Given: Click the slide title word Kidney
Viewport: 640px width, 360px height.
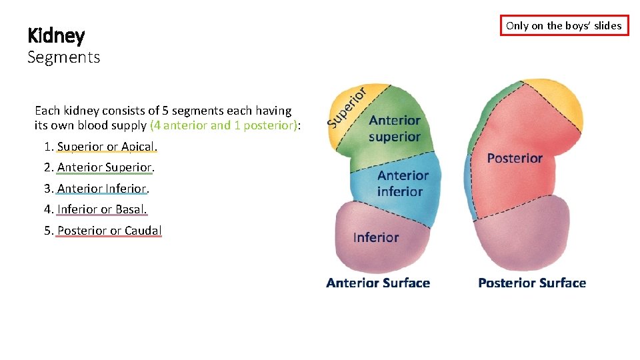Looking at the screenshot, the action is point(56,35).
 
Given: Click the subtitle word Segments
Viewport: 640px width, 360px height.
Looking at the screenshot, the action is point(63,57).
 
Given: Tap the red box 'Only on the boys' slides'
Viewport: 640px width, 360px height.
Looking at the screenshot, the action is point(564,25).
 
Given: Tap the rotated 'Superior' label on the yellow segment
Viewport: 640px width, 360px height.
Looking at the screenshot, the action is point(347,107).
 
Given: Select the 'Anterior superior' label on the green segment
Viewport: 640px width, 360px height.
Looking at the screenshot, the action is point(395,129).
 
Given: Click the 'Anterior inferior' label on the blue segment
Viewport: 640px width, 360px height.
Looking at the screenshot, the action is point(402,183).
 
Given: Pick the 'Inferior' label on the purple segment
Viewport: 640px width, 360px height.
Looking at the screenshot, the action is point(376,237).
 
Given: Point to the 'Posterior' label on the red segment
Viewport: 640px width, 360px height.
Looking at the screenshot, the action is point(515,158).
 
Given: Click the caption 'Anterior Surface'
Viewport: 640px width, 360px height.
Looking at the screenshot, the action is point(378,283).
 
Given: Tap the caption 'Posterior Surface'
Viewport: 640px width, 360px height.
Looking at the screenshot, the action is point(532,283).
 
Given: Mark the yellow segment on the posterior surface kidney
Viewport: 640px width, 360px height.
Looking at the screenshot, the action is point(553,100).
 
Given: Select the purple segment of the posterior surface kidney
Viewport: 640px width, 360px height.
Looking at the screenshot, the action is point(527,240).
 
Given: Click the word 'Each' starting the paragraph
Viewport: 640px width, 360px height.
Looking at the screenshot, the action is point(47,111).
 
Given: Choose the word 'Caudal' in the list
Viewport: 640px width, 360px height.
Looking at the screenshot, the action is point(143,231).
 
